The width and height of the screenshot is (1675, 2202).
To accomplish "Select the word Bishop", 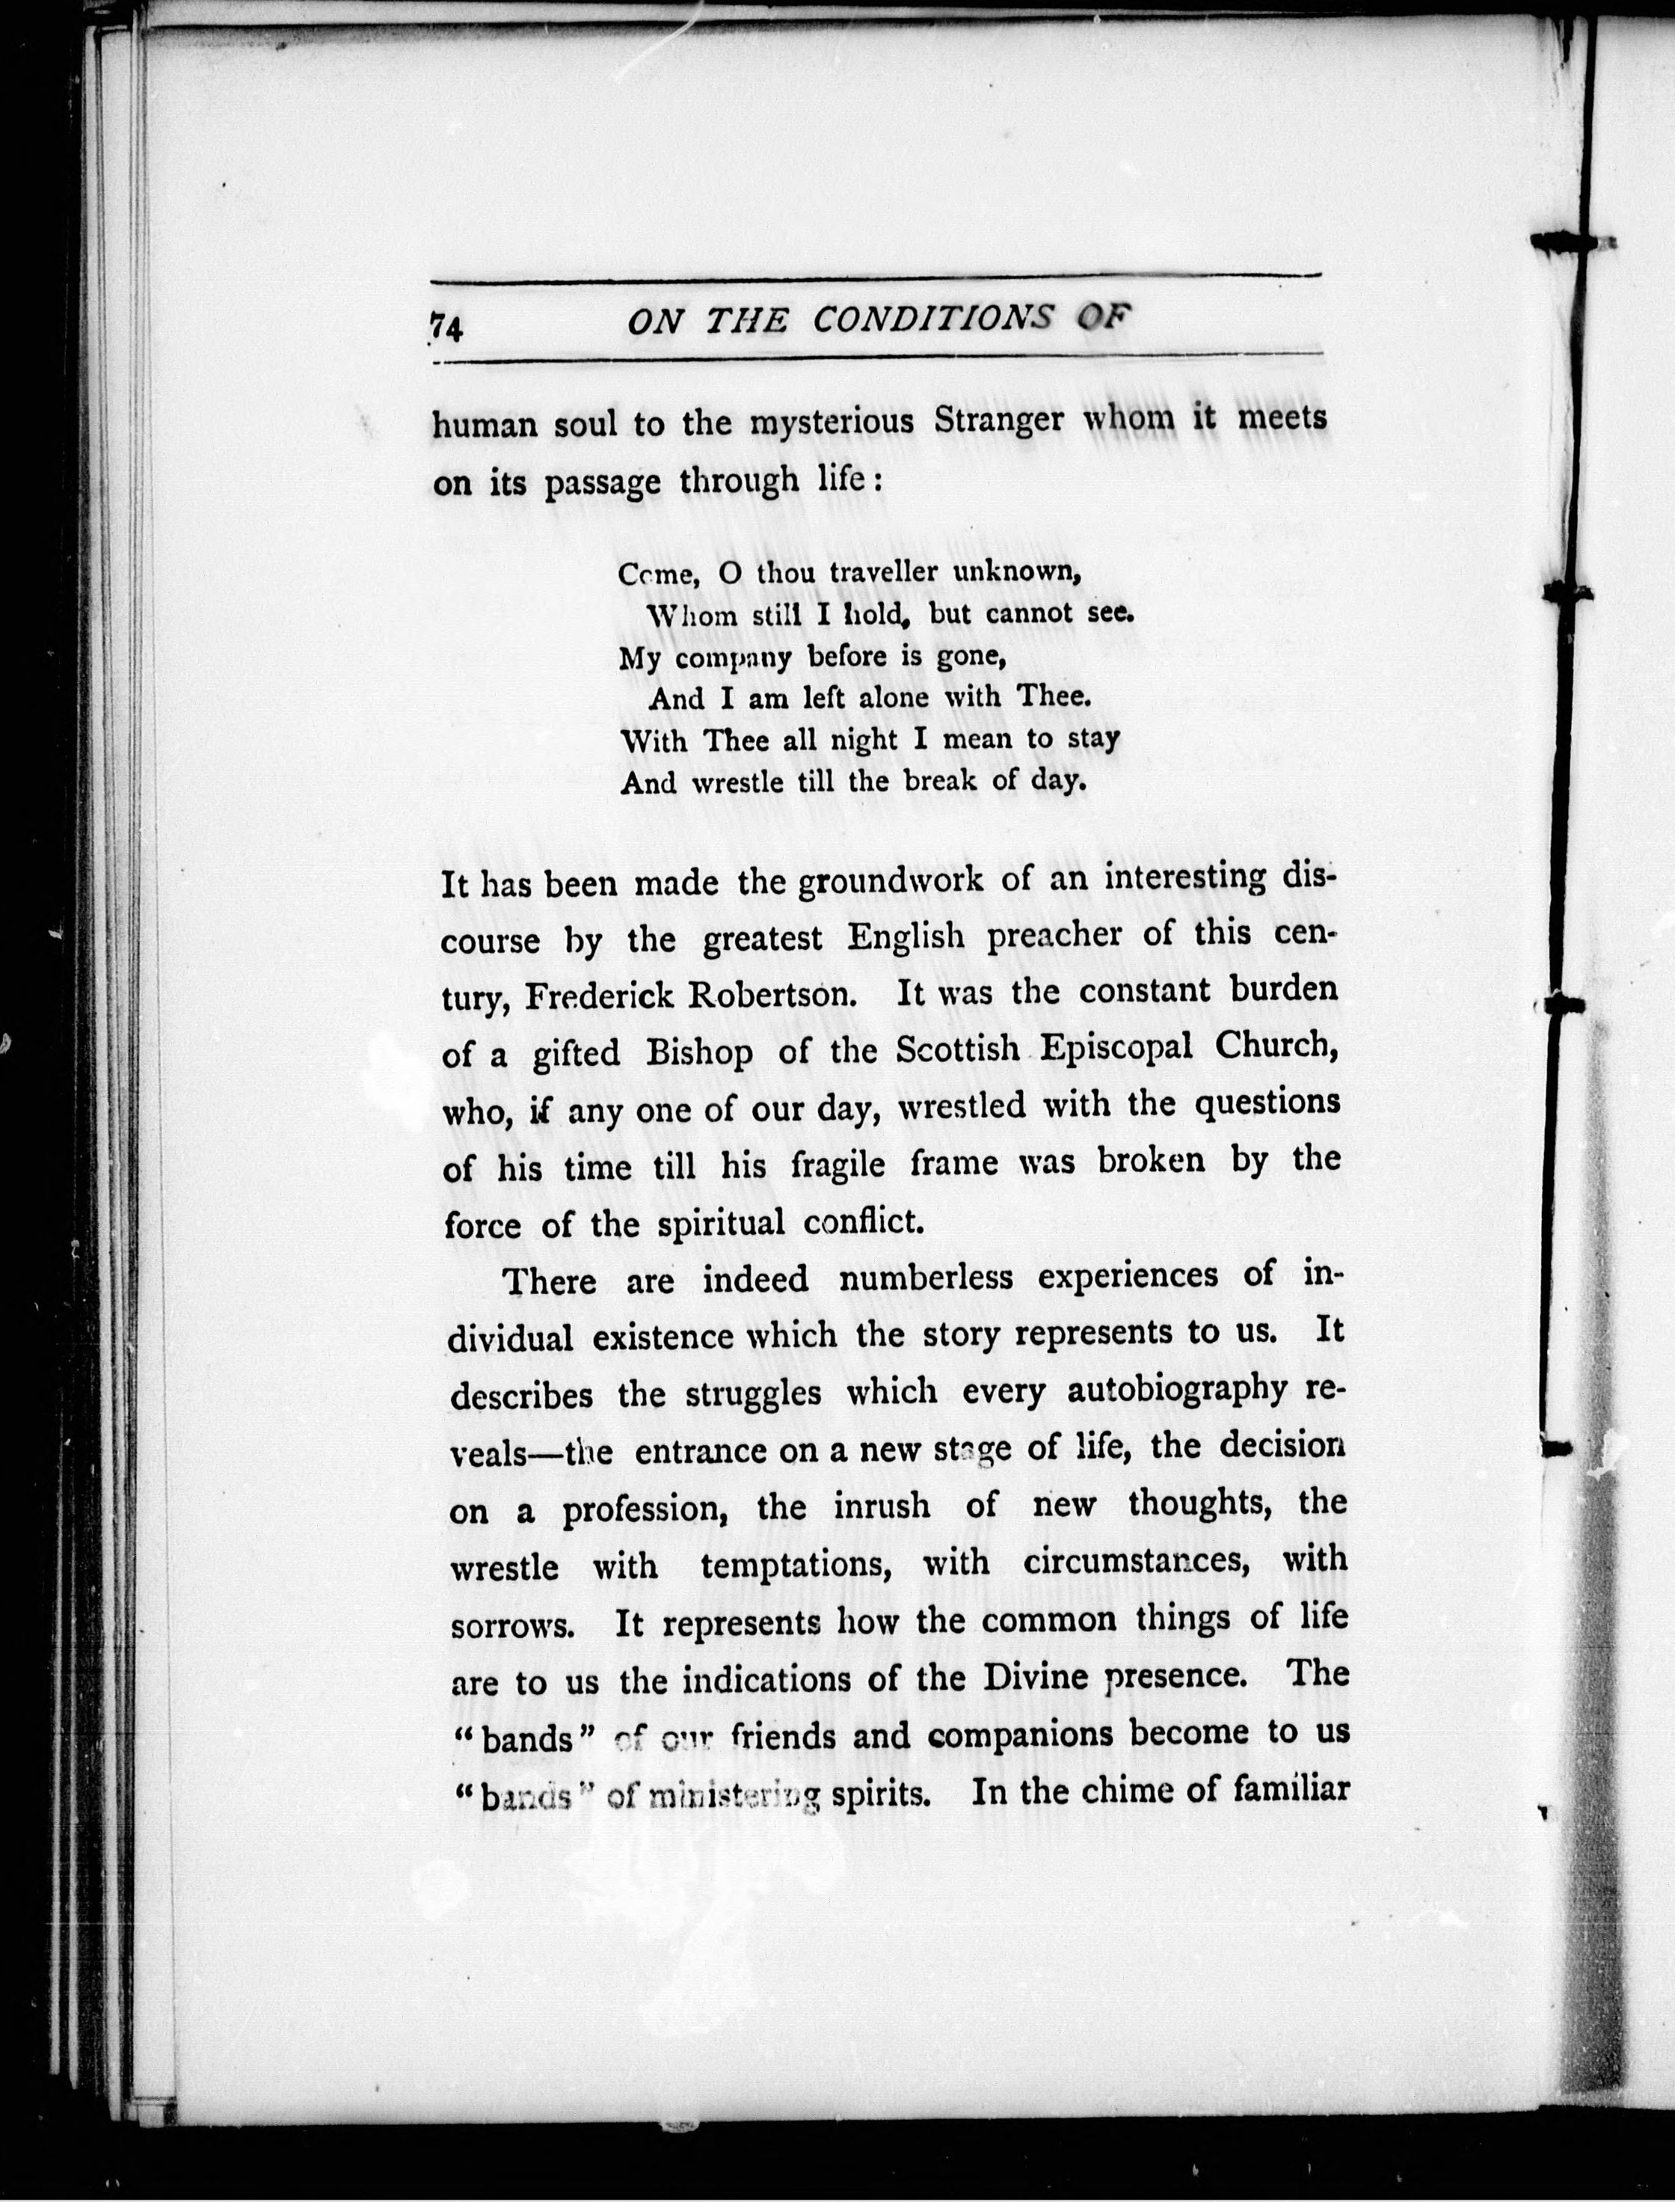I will click(x=700, y=1053).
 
